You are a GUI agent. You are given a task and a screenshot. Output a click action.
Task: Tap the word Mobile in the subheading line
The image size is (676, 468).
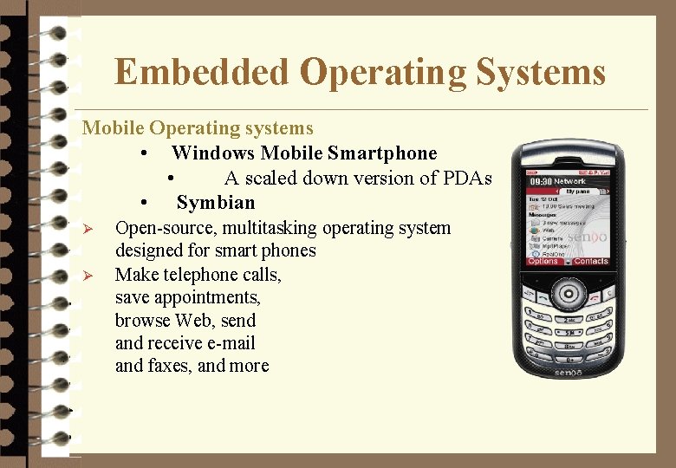113,128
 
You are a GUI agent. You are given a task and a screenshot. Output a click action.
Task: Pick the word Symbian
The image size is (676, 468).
216,203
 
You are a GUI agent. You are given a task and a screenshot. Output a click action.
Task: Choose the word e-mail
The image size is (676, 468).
228,343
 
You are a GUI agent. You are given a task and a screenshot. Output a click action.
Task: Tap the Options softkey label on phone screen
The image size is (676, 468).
543,261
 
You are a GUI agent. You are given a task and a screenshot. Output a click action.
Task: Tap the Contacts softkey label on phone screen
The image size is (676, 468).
591,261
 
